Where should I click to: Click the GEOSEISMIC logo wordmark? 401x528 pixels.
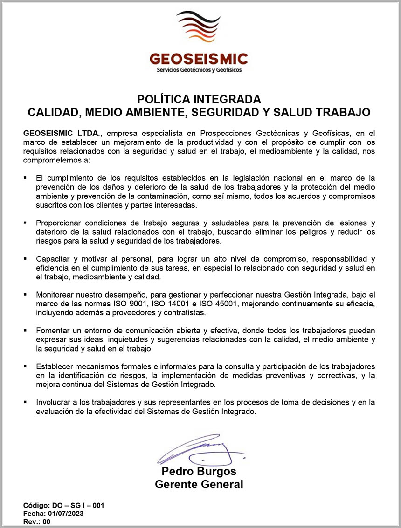click(x=199, y=59)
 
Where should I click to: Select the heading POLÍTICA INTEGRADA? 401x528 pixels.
click(x=199, y=99)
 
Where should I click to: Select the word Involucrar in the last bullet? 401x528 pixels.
click(x=53, y=402)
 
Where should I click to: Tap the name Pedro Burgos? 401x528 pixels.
click(x=199, y=471)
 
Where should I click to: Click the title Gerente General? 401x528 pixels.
click(x=199, y=484)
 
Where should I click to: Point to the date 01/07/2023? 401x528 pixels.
click(x=66, y=514)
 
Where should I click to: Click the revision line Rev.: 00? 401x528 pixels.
click(x=36, y=522)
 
